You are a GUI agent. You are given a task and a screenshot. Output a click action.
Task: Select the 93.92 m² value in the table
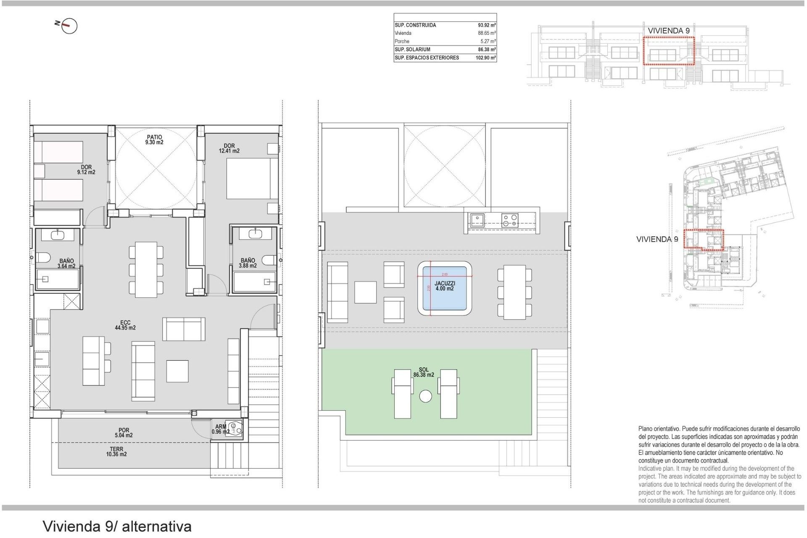coord(487,25)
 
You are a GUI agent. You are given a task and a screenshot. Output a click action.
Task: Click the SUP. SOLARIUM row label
coord(412,50)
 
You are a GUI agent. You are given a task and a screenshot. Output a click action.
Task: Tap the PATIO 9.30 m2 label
coord(154,140)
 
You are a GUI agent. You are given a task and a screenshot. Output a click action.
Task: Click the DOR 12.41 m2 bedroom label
coord(229,148)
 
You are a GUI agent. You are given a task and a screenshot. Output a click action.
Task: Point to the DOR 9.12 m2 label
coord(86,170)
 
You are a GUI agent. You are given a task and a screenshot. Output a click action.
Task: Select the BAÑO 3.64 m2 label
coord(66,264)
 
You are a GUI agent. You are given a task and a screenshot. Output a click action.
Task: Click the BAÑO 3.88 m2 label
coord(248,263)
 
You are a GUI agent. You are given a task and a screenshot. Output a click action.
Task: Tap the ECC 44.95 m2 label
coord(125,325)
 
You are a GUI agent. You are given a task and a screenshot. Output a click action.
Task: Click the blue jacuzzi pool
coord(444,288)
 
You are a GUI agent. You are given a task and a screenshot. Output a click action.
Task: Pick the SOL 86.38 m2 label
coord(424,372)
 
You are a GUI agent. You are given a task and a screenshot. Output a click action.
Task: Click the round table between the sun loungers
coord(425,396)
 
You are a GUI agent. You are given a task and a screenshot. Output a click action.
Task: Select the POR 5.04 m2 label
coord(124,433)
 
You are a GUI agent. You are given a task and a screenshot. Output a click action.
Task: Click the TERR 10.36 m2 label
coord(116,451)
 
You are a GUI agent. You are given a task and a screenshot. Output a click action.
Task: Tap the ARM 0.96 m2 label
coord(221,429)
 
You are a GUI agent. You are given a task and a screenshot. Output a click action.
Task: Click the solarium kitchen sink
coord(477,220)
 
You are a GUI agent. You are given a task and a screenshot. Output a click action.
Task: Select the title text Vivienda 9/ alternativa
coord(117,526)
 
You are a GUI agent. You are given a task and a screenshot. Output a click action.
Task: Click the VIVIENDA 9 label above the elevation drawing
coord(668,31)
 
